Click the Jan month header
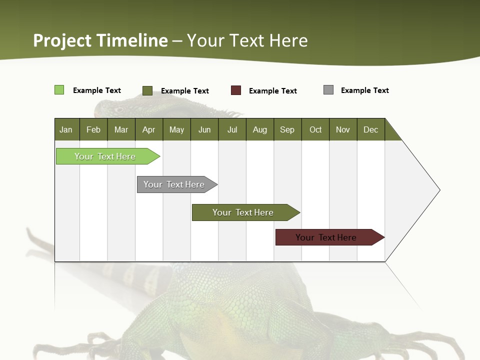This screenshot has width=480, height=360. (x=66, y=129)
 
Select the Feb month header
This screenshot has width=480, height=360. (x=93, y=129)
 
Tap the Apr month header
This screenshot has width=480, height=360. (x=148, y=129)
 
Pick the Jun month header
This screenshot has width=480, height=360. (x=204, y=129)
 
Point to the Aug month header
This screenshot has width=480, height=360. (x=259, y=129)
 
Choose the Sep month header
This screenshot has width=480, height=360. (x=287, y=129)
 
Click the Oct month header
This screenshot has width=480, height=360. (x=315, y=129)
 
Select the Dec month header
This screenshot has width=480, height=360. (x=370, y=129)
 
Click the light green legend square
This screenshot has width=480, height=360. (x=59, y=90)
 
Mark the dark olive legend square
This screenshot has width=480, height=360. (x=147, y=90)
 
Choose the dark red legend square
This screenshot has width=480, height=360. (x=236, y=90)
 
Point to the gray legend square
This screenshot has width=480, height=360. (x=328, y=90)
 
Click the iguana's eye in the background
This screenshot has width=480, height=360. (x=118, y=109)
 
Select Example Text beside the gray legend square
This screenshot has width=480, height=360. (x=364, y=90)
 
